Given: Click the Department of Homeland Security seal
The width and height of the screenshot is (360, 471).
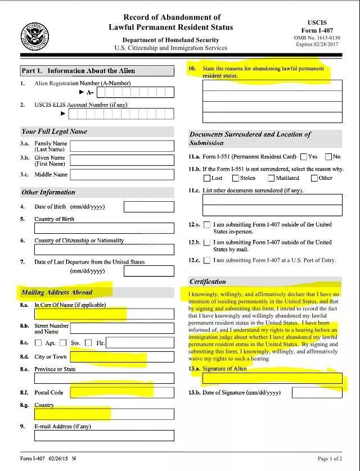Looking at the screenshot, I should point(35,37).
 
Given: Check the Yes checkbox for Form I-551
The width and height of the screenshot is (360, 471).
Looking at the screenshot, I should point(304,157).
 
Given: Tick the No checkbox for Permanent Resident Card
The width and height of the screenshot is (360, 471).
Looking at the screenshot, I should point(328,157).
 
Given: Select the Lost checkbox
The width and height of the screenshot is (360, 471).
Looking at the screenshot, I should point(206,178).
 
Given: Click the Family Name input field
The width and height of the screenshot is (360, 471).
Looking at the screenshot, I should point(122,146).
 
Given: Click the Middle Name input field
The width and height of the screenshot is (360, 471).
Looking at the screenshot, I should point(122,174).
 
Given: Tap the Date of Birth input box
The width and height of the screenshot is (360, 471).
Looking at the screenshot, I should point(148,206).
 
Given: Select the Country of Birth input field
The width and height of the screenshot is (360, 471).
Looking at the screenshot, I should point(104,228).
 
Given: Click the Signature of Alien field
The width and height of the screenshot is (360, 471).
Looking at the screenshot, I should point(272,378).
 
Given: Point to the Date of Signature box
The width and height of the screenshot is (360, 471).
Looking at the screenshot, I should point(317,392).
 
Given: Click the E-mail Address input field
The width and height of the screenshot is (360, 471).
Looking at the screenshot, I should point(104,436).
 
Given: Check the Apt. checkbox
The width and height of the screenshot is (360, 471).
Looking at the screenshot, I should point(38,342).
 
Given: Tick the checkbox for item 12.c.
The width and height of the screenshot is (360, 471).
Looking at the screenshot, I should point(207,260).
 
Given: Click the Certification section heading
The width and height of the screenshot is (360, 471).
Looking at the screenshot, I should point(208,281).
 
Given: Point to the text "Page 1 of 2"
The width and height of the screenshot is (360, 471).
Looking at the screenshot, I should point(331,459).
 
